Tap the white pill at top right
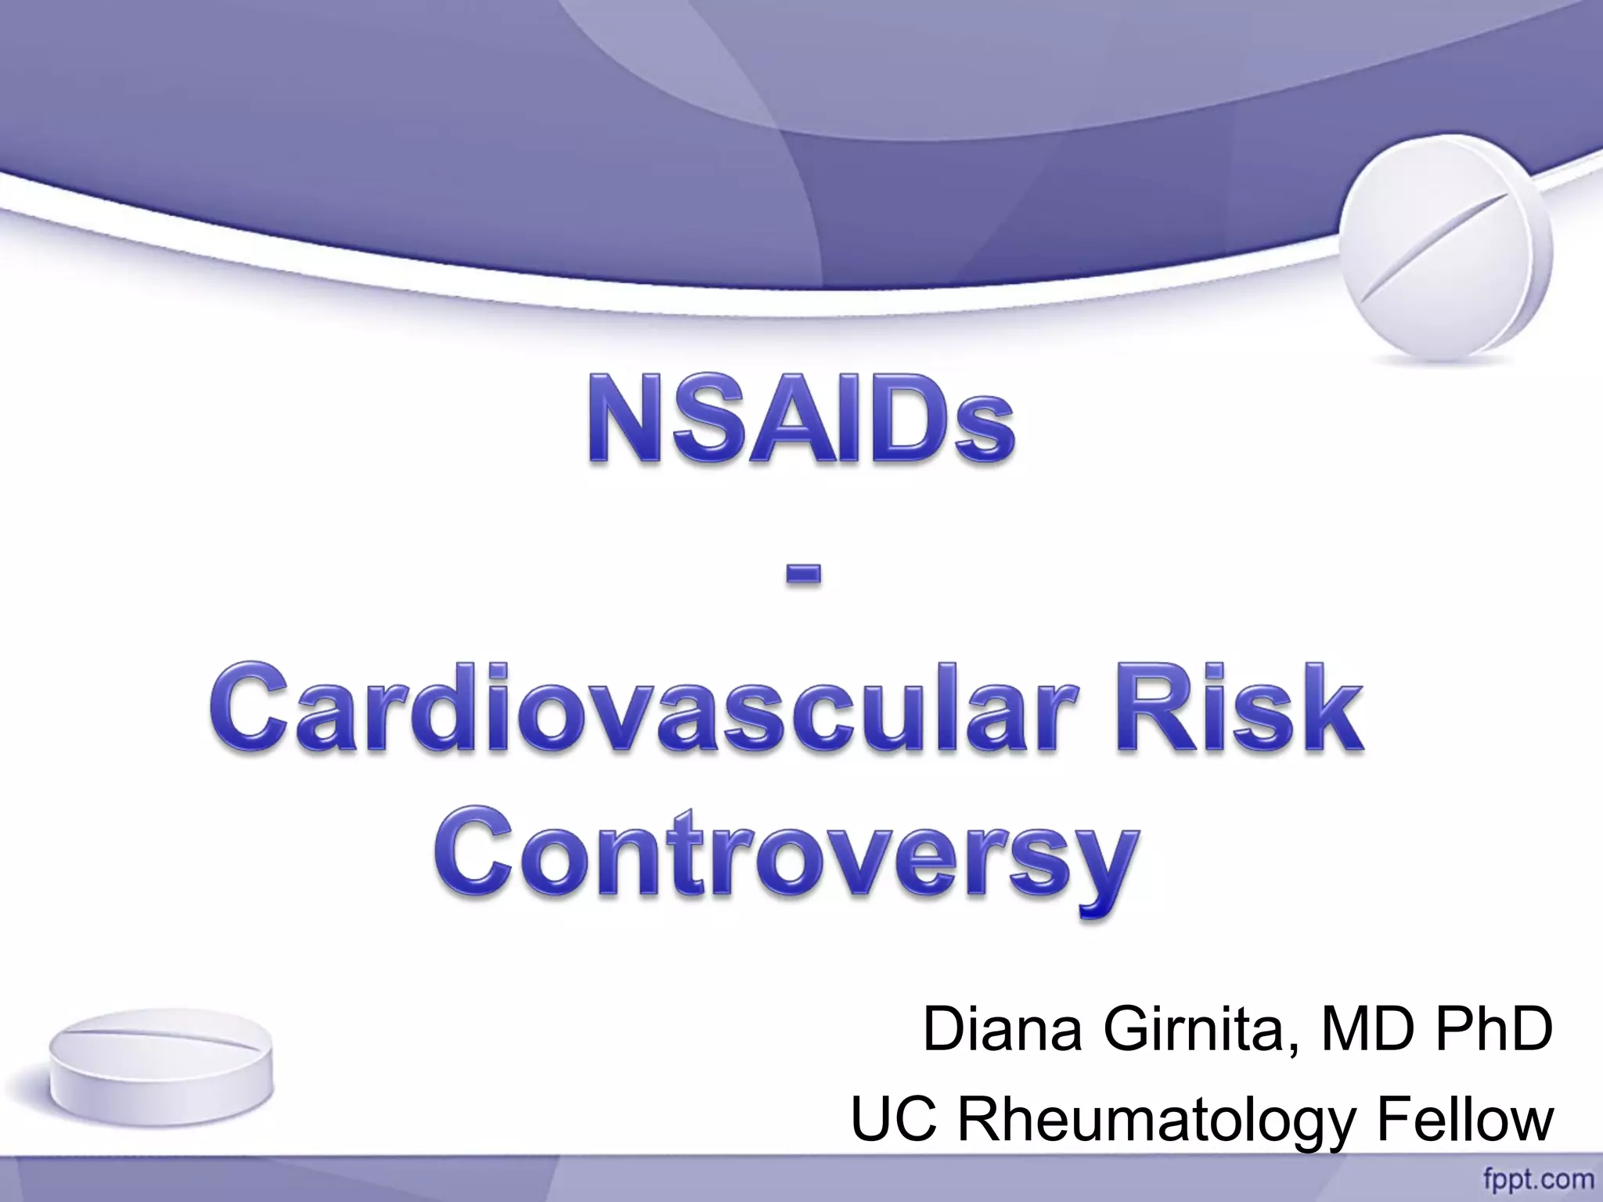pos(1444,258)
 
